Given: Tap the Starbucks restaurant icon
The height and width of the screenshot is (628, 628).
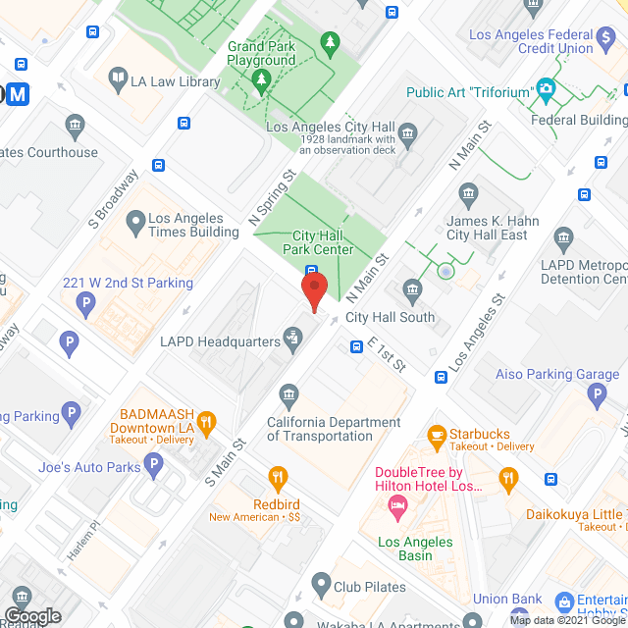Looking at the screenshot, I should tap(436, 434).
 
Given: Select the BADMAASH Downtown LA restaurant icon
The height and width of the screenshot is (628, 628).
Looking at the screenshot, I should tap(205, 423).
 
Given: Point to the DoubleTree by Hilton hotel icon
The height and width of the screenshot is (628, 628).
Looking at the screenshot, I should tap(397, 507).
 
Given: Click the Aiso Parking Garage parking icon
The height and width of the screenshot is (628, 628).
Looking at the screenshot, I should tap(597, 395).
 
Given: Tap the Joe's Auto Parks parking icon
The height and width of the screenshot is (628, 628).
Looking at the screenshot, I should tap(153, 465).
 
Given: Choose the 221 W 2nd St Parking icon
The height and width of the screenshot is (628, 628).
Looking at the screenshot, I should tap(86, 305).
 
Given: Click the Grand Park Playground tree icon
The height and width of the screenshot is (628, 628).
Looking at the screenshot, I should tap(331, 41).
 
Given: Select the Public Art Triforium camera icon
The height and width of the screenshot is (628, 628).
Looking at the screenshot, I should tap(545, 90).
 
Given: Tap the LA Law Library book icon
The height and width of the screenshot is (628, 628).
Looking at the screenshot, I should tap(118, 77).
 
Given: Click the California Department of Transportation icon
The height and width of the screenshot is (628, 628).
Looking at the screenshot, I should tap(288, 395).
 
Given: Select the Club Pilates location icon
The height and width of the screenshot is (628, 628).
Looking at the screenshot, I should tap(320, 584).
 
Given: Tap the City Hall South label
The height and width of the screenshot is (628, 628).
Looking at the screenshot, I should tap(390, 317).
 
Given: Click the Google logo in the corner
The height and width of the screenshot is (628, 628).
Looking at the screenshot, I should tap(31, 615).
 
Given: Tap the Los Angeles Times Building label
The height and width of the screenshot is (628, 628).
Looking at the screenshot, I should tap(193, 226).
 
